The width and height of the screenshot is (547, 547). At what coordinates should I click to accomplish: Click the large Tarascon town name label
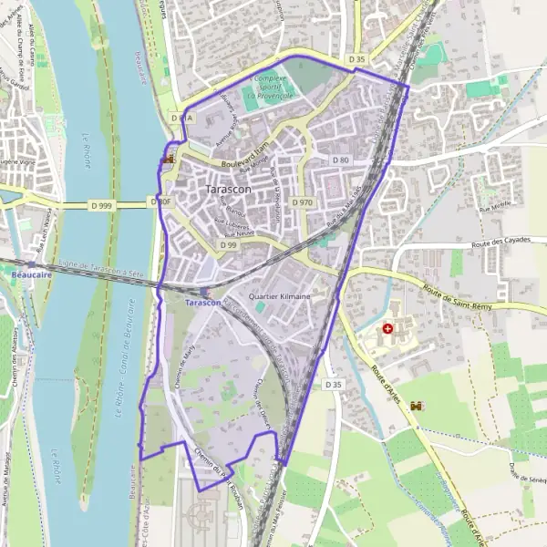[x=229, y=189]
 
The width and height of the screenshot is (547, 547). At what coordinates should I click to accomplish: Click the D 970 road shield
[x=302, y=202]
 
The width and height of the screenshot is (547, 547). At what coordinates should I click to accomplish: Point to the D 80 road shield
[x=340, y=160]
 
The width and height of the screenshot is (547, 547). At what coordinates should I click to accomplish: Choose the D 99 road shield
[x=228, y=245]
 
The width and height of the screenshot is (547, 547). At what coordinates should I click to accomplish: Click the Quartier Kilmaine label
[x=280, y=297]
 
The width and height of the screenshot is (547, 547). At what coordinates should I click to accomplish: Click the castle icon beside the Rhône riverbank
[x=167, y=159]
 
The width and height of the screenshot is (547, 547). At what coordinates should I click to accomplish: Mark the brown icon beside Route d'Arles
[x=418, y=405]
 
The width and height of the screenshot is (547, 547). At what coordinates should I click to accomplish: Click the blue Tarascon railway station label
[x=201, y=302]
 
